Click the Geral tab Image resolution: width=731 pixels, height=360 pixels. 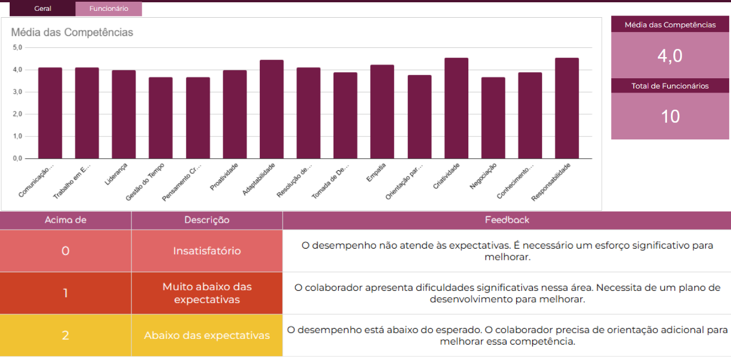(43, 9)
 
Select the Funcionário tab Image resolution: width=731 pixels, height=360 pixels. (109, 9)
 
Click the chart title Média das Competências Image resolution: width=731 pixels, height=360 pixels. (72, 33)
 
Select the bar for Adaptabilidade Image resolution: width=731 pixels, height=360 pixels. (271, 109)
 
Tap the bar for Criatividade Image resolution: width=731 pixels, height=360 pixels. (456, 108)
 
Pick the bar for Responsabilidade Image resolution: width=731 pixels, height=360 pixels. (567, 108)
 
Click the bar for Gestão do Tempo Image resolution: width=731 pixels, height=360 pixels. (160, 118)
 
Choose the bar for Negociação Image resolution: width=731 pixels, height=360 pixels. (493, 118)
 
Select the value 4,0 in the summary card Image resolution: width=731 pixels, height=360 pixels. (670, 56)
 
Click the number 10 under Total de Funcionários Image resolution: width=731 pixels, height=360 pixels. (670, 117)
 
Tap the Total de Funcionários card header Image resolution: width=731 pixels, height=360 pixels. (670, 86)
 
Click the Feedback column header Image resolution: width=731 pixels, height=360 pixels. (507, 220)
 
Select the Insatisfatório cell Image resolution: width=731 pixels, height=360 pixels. (207, 251)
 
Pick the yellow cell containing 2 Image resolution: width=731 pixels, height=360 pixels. (66, 335)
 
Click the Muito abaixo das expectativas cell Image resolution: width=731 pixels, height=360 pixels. (207, 293)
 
